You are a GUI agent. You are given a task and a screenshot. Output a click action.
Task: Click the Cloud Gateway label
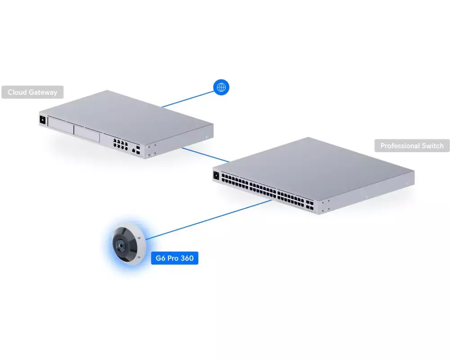pos(32,92)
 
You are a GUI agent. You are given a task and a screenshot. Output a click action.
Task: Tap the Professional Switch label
pos(412,146)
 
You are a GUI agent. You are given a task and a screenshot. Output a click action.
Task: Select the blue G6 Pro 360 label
pos(175,258)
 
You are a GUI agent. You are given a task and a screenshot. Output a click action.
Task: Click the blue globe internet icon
pos(221,87)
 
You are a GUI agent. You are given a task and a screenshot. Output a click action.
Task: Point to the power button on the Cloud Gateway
pos(43,119)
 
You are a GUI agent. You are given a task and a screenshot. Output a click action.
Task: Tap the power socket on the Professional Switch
pos(216,175)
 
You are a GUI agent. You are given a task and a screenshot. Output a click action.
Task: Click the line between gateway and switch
pos(206,155)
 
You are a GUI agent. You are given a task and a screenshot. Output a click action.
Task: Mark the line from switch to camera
pos(208,220)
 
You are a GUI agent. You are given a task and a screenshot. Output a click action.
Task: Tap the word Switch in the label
pos(433,146)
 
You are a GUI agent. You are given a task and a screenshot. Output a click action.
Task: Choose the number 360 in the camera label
pos(187,258)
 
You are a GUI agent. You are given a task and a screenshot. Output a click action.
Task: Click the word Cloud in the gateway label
pos(17,92)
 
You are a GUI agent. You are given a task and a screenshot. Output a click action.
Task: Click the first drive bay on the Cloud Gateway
pos(61,126)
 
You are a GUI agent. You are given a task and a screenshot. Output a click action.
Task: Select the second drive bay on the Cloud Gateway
pos(87,134)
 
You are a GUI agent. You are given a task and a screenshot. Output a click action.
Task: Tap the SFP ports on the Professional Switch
pos(310,205)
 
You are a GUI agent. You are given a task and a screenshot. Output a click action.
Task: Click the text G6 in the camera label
pos(161,258)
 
